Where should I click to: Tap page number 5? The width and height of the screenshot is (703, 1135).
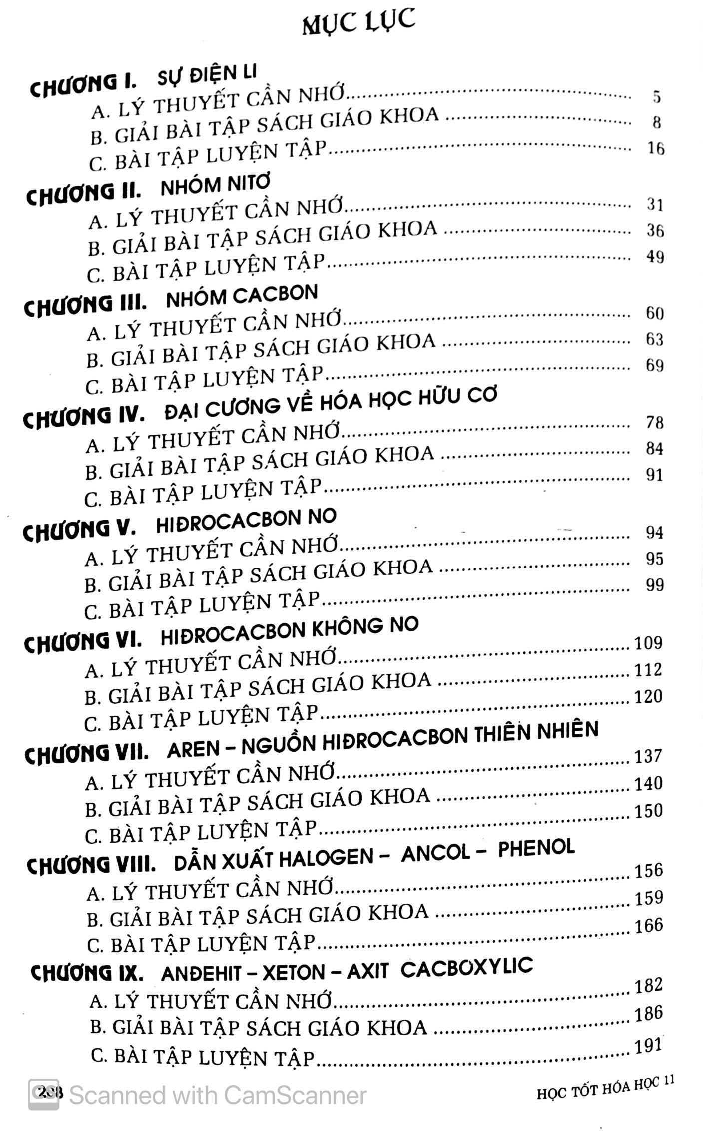657,96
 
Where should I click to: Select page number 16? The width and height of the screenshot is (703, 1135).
655,148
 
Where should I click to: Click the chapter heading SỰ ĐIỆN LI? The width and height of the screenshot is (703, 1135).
207,75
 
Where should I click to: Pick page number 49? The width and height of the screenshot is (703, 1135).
655,257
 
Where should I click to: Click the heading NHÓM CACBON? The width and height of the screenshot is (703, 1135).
242,296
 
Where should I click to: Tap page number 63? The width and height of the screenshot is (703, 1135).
654,339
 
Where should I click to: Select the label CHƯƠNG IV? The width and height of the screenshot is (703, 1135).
83,417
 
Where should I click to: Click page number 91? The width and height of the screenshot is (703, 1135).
654,474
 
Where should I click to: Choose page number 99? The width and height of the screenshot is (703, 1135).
654,585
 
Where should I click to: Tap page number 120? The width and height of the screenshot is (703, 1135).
648,696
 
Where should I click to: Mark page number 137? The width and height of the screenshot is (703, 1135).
648,756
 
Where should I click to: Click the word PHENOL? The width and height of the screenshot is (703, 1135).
536,848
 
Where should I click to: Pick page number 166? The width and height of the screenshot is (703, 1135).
649,925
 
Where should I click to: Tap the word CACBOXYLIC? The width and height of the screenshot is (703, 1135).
467,967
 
